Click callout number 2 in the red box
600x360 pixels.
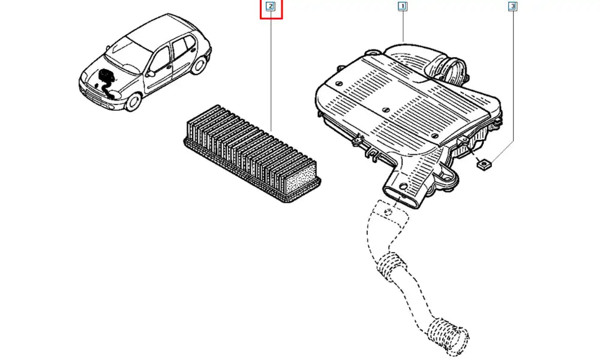click(271, 7)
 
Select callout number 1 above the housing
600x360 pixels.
click(402, 7)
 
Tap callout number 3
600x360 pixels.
click(512, 7)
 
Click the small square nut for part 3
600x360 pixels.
click(484, 165)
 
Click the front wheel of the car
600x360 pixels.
click(134, 101)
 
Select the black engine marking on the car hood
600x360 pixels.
click(105, 82)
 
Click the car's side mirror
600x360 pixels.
click(151, 73)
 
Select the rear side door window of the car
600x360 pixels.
click(181, 48)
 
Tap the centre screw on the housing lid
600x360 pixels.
click(386, 110)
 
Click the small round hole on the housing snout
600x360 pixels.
click(402, 187)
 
